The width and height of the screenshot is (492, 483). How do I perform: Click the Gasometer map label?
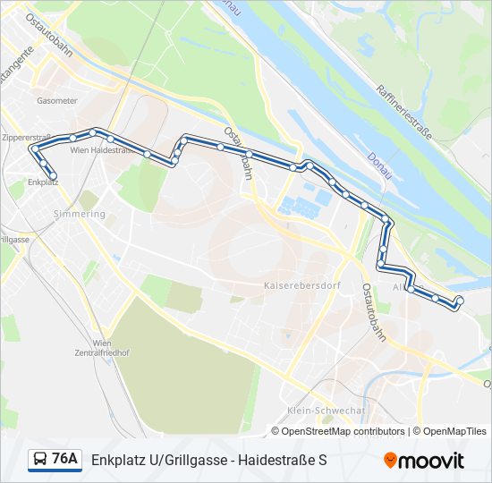pyautogui.click(x=57, y=101)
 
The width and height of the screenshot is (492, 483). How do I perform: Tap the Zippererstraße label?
pyautogui.click(x=26, y=138)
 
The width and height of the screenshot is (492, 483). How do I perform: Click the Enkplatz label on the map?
pyautogui.click(x=43, y=182)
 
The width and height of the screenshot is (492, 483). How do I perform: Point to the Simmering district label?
pyautogui.click(x=80, y=214)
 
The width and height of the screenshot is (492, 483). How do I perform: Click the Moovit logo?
pyautogui.click(x=424, y=461)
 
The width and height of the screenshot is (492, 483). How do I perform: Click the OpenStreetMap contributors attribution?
pyautogui.click(x=344, y=431)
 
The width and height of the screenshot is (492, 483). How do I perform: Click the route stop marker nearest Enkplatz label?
pyautogui.click(x=53, y=175)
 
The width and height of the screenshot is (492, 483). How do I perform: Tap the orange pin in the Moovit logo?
pyautogui.click(x=391, y=461)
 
